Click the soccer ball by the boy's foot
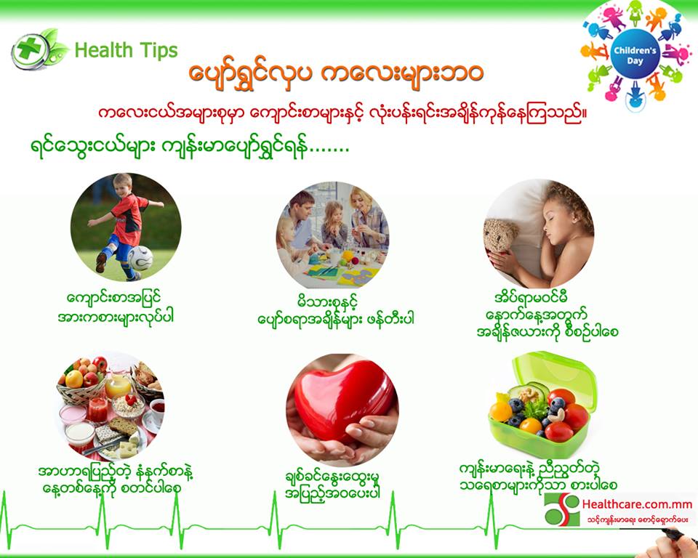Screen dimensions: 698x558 (140, 258)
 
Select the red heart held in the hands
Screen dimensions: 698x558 (344, 399)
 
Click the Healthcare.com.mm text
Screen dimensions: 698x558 (637, 504)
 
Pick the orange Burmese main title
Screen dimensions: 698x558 (336, 74)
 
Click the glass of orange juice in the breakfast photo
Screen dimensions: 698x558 (118, 385)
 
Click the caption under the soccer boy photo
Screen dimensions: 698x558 (116, 307)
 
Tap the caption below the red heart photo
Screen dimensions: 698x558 (332, 485)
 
